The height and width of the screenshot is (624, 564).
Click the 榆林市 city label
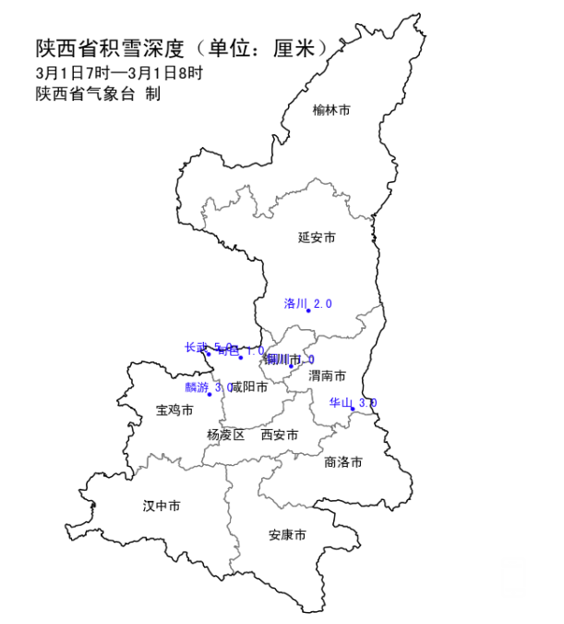pos(331,110)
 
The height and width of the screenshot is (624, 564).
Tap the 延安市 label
pos(317,238)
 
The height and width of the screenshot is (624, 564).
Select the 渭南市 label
pos(328,376)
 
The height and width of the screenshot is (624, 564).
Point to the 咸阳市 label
pos(249,386)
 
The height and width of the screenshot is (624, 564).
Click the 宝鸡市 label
pos(174,410)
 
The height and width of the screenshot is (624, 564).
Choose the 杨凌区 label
pos(226,434)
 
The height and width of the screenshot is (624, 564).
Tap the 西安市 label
pos(280,434)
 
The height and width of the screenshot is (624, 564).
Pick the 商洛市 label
pos(343,461)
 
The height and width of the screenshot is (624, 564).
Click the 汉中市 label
pos(162,506)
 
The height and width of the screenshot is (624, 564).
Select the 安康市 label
pos(287,535)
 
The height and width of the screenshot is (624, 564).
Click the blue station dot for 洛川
pos(308,311)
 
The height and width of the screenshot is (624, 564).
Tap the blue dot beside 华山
pos(353,410)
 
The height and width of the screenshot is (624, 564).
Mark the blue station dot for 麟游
pos(210,395)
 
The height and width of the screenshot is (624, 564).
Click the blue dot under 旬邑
pos(241,358)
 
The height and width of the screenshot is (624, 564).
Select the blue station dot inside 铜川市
pos(291,367)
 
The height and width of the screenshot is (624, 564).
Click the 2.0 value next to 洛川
pos(322,303)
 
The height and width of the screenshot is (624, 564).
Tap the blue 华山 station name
pos(342,403)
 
